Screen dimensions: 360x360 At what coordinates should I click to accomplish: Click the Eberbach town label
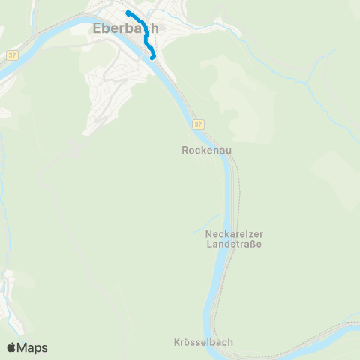point(126,29)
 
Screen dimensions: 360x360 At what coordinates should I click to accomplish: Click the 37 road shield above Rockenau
point(196,123)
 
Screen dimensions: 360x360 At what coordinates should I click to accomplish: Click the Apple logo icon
point(11,347)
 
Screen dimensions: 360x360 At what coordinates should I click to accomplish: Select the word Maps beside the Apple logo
point(32,347)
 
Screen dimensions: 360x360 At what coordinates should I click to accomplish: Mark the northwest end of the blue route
point(128,13)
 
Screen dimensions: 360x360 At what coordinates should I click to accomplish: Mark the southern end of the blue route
point(153,57)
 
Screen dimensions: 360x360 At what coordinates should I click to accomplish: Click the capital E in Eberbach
point(97,29)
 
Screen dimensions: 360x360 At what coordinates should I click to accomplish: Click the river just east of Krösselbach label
point(247,341)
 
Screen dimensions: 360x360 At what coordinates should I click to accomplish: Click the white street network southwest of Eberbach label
point(105,90)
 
